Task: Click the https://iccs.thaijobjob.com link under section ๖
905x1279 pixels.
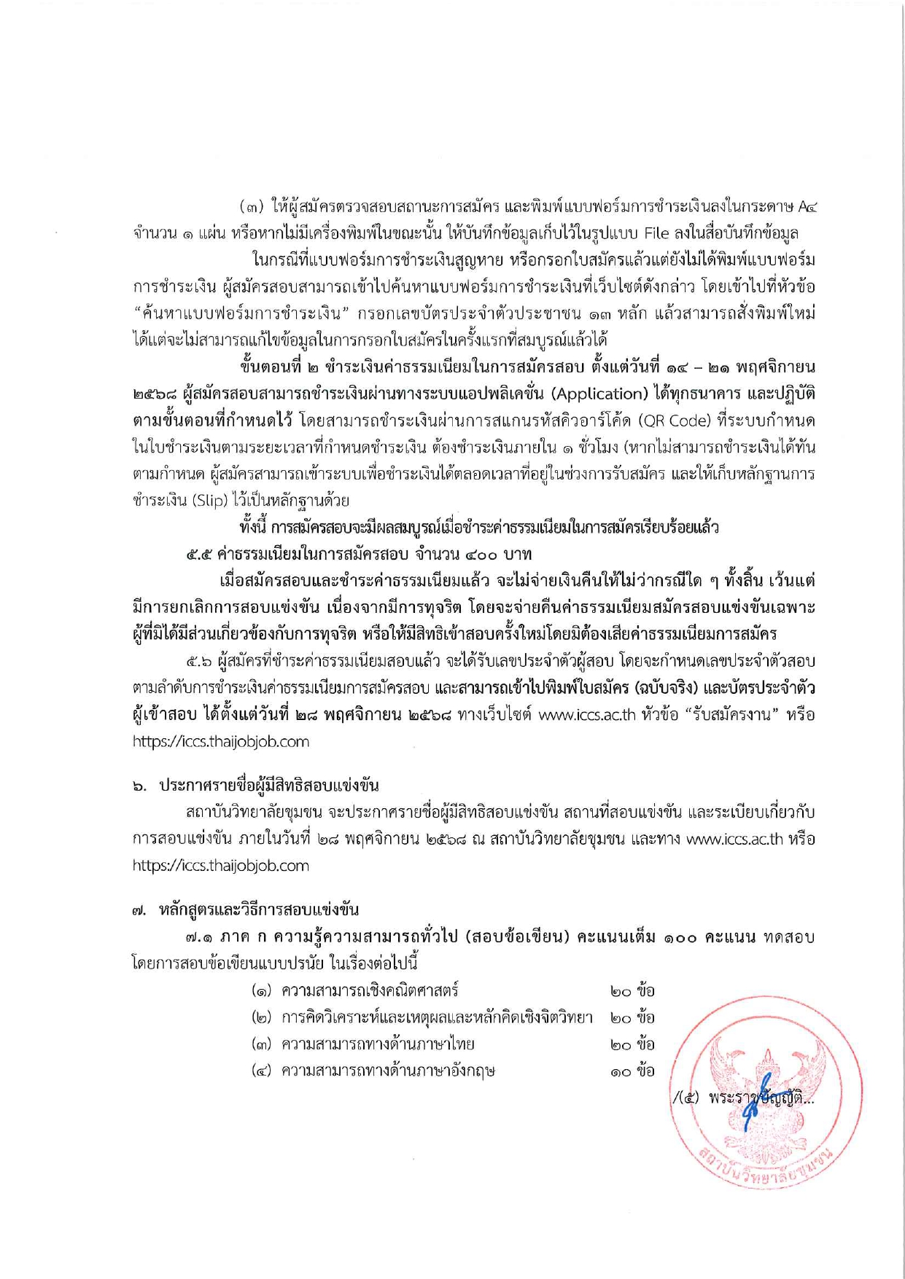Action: (220, 866)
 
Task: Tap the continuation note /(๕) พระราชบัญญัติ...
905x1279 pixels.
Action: (742, 1098)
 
